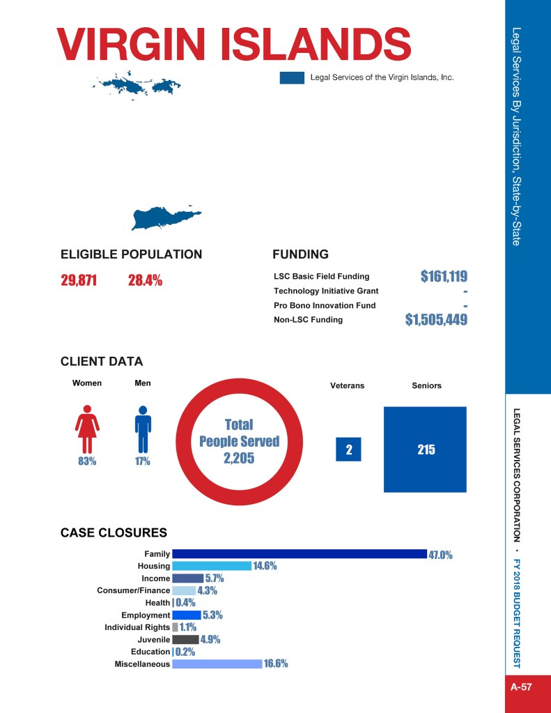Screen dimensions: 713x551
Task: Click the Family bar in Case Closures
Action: [299, 554]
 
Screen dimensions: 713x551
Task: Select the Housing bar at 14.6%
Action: [212, 566]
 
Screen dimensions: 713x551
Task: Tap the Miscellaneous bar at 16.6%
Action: [217, 664]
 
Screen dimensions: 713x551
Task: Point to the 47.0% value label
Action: [440, 555]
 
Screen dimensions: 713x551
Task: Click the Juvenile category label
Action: [154, 640]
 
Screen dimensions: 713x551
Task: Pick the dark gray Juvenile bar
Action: [185, 640]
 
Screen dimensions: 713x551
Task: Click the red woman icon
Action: [87, 429]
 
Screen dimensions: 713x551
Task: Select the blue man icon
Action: [143, 429]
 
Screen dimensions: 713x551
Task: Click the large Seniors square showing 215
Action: [425, 450]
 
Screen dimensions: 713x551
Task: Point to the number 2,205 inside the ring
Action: [239, 458]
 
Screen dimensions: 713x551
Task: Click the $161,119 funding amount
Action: [444, 277]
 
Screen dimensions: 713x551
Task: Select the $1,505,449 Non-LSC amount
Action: [436, 320]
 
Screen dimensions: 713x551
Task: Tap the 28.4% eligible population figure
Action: [145, 281]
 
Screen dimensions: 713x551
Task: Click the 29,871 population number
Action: [79, 281]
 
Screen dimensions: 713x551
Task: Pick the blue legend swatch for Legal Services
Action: [292, 77]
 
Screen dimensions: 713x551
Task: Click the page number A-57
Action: [521, 687]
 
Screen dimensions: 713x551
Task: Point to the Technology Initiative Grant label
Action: [326, 291]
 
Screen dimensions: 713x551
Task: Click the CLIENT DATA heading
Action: [102, 362]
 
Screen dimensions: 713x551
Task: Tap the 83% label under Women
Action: [86, 461]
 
